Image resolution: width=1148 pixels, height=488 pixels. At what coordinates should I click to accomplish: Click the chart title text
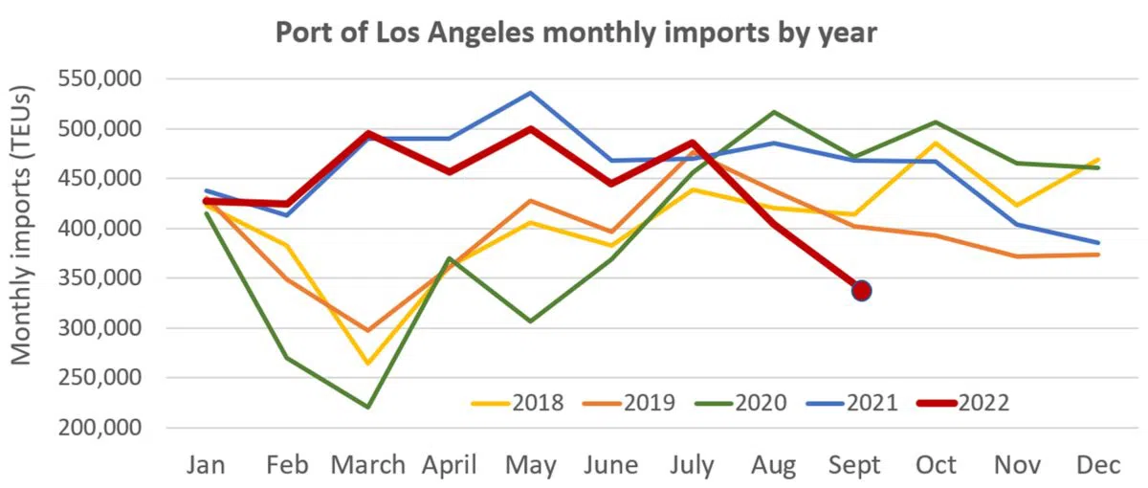pyautogui.click(x=576, y=33)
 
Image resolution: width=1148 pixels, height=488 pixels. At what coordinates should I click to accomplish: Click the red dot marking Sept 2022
pyautogui.click(x=861, y=290)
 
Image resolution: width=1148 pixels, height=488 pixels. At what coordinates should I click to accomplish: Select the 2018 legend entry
pyautogui.click(x=518, y=403)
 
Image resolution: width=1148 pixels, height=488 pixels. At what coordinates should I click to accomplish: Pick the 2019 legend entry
pyautogui.click(x=629, y=403)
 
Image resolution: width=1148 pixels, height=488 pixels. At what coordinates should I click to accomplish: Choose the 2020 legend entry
pyautogui.click(x=741, y=403)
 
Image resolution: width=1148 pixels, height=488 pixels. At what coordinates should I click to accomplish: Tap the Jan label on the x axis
pyautogui.click(x=207, y=465)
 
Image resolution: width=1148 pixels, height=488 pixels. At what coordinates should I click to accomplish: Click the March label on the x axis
pyautogui.click(x=368, y=465)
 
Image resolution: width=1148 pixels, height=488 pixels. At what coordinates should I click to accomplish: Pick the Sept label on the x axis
pyautogui.click(x=856, y=465)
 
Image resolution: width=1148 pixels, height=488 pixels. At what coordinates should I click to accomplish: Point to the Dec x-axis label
pyautogui.click(x=1098, y=465)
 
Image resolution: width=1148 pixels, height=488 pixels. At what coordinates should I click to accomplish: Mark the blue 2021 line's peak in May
pyautogui.click(x=531, y=93)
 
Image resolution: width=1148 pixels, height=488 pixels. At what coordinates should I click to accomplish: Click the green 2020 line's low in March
pyautogui.click(x=368, y=407)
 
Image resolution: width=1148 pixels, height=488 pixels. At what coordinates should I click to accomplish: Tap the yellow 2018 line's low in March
pyautogui.click(x=368, y=364)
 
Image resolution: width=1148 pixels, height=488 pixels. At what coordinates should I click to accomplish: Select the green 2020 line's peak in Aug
pyautogui.click(x=774, y=112)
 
